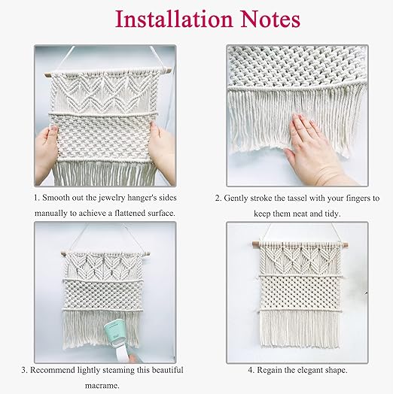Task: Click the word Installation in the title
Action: coord(174,20)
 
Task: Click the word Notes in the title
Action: coord(270,20)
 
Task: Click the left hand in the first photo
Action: coord(47,153)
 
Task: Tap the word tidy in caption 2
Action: coord(333,214)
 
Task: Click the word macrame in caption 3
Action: coord(102,386)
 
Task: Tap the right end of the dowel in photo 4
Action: coord(348,244)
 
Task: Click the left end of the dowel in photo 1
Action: coord(46,75)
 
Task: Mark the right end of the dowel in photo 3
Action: coord(149,254)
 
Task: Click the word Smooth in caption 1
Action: coord(56,198)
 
